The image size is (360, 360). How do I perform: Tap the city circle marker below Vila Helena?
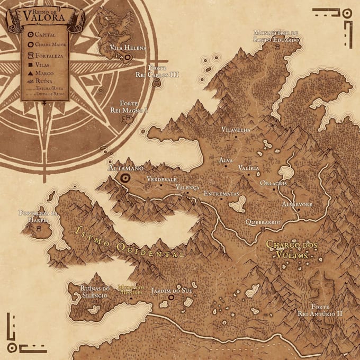(x=128, y=60)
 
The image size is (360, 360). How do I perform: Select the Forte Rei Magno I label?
(x=129, y=107)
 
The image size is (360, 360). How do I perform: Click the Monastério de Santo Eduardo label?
(x=276, y=35)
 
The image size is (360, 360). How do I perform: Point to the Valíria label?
(x=249, y=168)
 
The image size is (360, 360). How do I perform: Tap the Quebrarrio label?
(x=263, y=222)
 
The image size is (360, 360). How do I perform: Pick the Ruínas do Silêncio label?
(x=95, y=292)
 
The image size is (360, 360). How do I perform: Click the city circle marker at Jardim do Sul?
(x=171, y=298)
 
